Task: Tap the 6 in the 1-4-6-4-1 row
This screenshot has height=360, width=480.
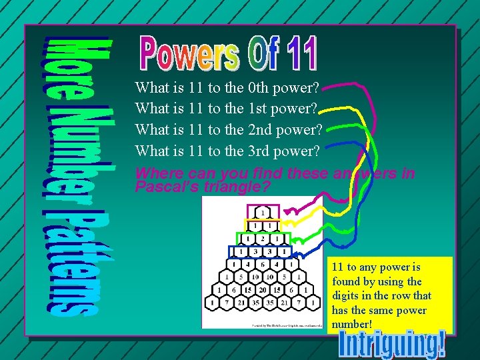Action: point(263,265)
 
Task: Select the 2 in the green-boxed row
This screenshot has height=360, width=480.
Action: point(263,239)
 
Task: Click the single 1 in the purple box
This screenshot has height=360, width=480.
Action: point(263,213)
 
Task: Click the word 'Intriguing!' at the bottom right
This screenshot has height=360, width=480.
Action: point(392,343)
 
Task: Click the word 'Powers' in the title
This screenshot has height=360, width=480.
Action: point(189,53)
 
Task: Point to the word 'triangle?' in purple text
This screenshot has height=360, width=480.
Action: point(242,187)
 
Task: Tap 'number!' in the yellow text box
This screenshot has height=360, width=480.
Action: point(352,325)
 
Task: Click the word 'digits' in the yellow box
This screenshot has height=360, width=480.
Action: point(347,295)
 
